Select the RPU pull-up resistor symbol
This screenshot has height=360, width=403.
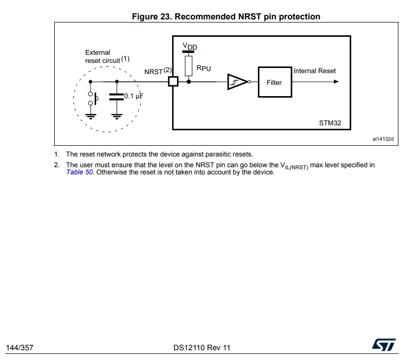tap(188, 66)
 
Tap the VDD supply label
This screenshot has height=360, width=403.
tap(190, 46)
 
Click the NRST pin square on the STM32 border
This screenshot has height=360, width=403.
tap(173, 82)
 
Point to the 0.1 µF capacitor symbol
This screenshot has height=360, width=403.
tap(117, 97)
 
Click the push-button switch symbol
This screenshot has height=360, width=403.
tap(93, 98)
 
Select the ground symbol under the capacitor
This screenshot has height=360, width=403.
tap(117, 117)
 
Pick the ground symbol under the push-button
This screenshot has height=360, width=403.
tap(91, 117)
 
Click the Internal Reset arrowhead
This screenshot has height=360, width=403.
tap(336, 82)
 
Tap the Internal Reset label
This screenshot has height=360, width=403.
tap(315, 71)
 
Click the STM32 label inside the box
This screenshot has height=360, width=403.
tap(330, 123)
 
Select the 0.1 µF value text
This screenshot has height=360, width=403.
tap(133, 96)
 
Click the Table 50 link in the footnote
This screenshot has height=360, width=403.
tap(79, 172)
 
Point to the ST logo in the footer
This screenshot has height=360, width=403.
tap(384, 345)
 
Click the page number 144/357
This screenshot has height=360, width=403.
tap(19, 348)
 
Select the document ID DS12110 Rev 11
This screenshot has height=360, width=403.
tap(202, 348)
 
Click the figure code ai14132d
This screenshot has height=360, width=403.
tap(383, 139)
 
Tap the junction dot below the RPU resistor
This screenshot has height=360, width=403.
tap(189, 82)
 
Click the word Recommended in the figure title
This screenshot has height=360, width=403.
tap(207, 16)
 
